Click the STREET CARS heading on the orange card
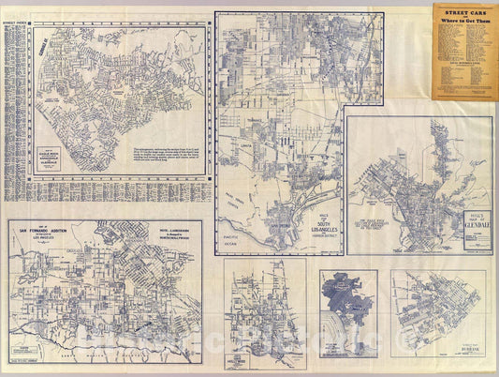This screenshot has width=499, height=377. pos(463,10)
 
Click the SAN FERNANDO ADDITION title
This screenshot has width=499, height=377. pos(47,231)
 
